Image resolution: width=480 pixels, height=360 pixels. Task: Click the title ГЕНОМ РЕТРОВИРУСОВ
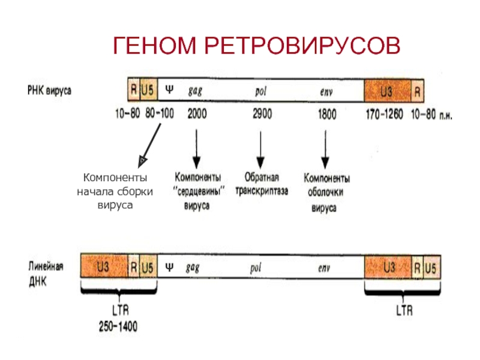pos(257,46)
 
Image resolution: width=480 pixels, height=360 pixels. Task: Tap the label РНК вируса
pos(49,91)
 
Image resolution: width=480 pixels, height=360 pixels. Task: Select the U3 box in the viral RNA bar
pos(388,91)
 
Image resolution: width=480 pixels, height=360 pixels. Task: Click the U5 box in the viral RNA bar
pos(148,89)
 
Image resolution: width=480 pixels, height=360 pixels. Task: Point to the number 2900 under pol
pos(262,114)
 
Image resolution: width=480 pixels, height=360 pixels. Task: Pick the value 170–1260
pos(385,115)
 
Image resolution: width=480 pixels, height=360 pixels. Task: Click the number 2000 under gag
pos(197,114)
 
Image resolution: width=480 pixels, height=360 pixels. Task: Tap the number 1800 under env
pos(327,114)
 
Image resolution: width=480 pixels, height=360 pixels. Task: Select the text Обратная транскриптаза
pos(262,184)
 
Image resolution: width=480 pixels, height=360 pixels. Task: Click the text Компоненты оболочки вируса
pos(326,193)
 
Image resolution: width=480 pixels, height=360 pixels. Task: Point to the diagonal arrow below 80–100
pos(149,146)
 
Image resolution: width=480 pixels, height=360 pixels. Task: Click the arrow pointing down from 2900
pos(260,150)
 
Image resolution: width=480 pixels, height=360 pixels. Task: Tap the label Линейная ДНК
pos(46,274)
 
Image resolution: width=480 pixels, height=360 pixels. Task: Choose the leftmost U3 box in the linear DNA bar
pos(104,266)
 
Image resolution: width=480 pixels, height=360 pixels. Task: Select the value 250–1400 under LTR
pos(118,326)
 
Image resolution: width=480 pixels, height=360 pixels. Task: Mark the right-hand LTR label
pos(404,311)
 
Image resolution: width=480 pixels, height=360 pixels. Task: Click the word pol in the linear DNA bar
pos(256,268)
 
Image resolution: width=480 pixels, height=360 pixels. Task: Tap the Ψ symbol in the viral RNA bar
pos(169,89)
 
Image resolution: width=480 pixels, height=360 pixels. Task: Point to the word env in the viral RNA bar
pos(326,92)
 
